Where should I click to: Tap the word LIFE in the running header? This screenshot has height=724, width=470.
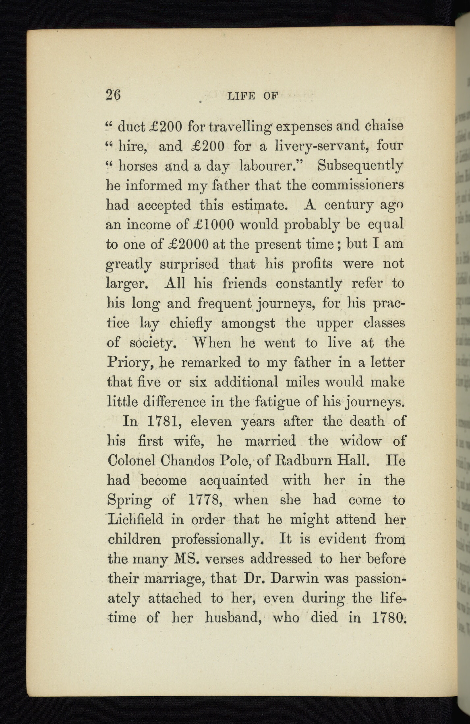pyautogui.click(x=241, y=96)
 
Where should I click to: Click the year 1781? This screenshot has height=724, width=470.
pyautogui.click(x=161, y=422)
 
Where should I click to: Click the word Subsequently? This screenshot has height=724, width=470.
pyautogui.click(x=360, y=165)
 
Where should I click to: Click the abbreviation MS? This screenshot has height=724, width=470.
pyautogui.click(x=188, y=559)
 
